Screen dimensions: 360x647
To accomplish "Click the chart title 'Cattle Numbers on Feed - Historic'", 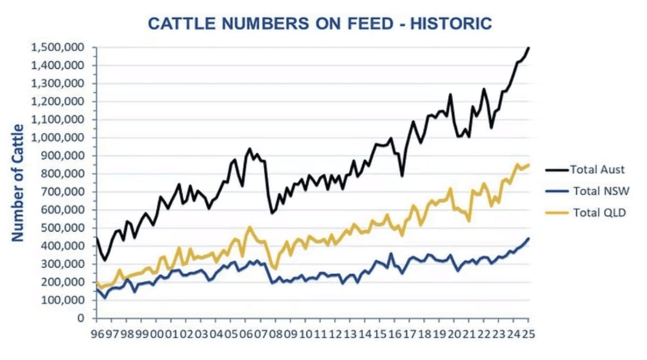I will point(320,23).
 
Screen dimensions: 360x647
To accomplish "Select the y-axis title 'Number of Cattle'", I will point(18,183).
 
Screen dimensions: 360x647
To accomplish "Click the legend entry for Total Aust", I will point(597,170).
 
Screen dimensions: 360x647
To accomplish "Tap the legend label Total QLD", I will point(599,213).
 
